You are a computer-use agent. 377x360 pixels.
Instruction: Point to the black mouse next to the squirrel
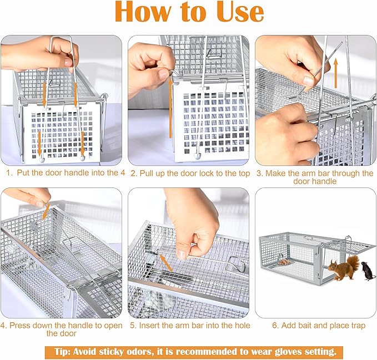click(368, 271)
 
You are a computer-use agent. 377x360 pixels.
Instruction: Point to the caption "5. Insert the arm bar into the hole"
click(189, 326)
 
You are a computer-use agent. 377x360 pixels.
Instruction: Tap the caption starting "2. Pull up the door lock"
click(189, 173)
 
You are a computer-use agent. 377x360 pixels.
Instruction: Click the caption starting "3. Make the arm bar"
click(315, 177)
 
